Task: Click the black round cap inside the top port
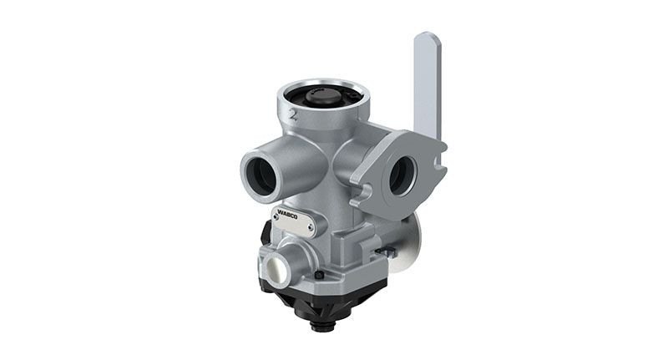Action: pos(322,97)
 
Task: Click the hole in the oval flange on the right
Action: pos(400,175)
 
